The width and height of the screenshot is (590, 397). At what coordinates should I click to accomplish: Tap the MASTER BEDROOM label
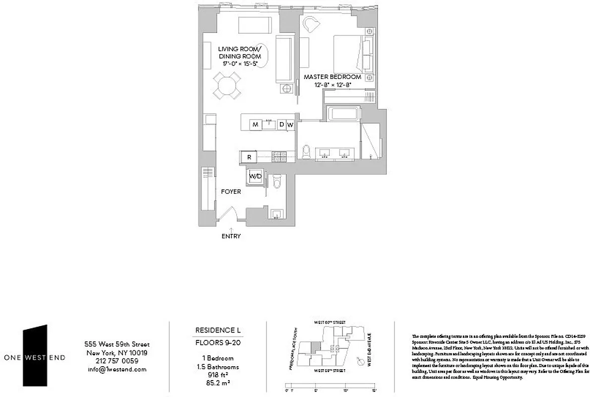(x=332, y=77)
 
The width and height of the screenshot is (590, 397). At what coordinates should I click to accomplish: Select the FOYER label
(x=231, y=191)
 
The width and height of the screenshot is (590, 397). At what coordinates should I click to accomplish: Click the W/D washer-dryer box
(x=256, y=176)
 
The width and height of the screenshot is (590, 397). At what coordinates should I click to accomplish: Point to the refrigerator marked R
(x=249, y=157)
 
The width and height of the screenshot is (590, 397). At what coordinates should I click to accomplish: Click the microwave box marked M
(x=255, y=124)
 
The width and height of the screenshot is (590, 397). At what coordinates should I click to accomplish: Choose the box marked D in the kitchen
(x=281, y=124)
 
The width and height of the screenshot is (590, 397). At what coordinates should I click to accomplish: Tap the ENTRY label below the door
(x=231, y=236)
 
